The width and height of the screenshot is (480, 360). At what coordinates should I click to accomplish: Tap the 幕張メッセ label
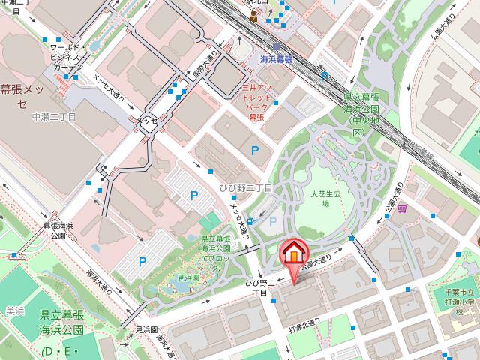[x=23, y=94]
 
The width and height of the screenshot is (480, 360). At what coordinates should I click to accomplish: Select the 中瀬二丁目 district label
[x=54, y=118]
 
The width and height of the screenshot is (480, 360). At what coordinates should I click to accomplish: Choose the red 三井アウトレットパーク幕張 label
[x=257, y=103]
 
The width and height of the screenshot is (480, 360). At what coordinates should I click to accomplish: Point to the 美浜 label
[x=15, y=310]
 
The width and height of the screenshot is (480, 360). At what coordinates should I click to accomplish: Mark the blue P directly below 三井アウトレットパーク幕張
[x=255, y=150]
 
